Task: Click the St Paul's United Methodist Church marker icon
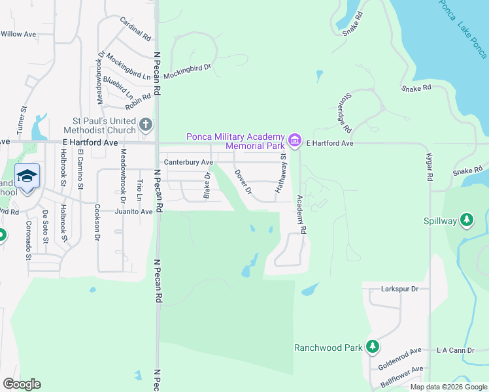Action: [x=146, y=123]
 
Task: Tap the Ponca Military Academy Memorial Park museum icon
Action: [x=295, y=140]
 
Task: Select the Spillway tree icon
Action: [x=467, y=220]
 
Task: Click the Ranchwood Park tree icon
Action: [x=372, y=347]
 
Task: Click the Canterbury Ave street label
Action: [x=189, y=162]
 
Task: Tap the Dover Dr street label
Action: [x=243, y=182]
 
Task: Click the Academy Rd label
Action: [x=301, y=214]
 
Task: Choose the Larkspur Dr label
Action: [x=403, y=288]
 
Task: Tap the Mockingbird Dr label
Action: [x=188, y=71]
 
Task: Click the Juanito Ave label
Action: [x=133, y=212]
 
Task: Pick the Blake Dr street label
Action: [x=207, y=186]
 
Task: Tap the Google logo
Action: [x=22, y=384]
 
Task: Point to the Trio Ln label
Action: [x=139, y=189]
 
